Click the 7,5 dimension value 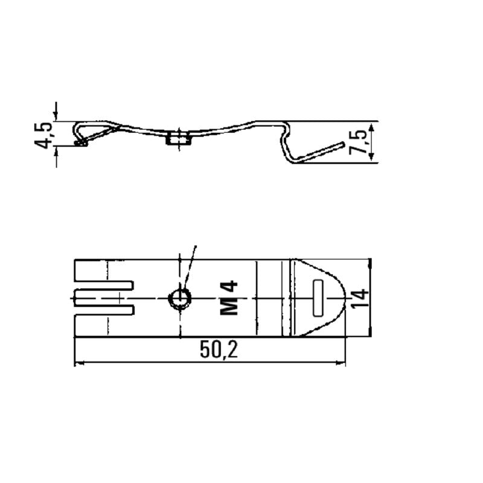coord(358,142)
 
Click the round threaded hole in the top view coord(179,298)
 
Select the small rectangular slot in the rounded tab coord(319,298)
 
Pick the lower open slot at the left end coord(103,310)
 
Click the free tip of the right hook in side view coord(343,144)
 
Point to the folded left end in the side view coord(79,135)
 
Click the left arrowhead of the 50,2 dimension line coord(78,363)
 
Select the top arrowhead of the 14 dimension coord(370,263)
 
